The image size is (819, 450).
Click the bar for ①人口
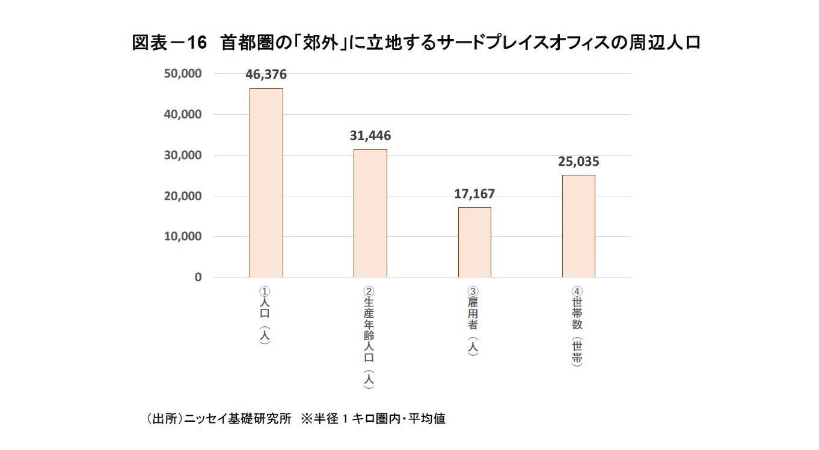point(266,183)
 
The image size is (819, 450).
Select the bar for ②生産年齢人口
point(370,213)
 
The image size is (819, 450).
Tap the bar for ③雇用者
point(474,242)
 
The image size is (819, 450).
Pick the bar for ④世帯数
point(578,226)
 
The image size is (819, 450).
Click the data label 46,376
point(266,74)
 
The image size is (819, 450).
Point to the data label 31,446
point(370,136)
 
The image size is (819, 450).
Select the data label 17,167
point(474,194)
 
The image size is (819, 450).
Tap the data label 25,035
point(578,162)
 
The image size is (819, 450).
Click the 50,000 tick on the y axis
point(182,73)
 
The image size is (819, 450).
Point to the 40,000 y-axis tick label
point(182,114)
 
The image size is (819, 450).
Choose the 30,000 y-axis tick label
point(182,155)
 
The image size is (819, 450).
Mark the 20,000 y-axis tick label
point(182,196)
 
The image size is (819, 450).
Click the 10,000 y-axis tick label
point(182,237)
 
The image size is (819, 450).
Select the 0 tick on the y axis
point(197,278)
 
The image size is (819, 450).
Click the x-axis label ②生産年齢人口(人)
point(369,337)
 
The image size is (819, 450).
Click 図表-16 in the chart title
point(169,44)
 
